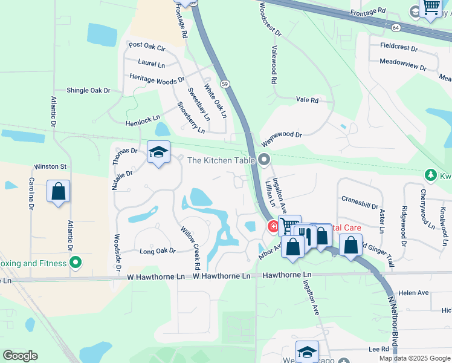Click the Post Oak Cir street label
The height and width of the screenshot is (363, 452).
tap(147, 45)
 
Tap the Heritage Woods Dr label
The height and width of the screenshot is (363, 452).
tap(157, 78)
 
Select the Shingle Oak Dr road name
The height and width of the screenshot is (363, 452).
tap(88, 90)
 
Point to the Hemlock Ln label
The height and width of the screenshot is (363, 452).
tap(143, 120)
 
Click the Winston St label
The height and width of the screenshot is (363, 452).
tap(50, 166)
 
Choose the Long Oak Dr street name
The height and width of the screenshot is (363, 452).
tap(157, 250)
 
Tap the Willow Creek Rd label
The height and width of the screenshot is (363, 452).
tap(190, 248)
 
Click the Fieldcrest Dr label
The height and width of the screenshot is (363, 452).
tap(399, 47)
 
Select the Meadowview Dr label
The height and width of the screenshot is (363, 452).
tap(403, 62)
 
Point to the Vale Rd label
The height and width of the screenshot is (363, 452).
tap(307, 100)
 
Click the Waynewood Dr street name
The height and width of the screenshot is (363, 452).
tap(281, 139)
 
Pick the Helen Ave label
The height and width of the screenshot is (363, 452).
tap(413, 293)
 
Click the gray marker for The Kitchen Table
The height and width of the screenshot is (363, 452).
tap(263, 160)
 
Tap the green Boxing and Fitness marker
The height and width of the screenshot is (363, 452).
tap(75, 263)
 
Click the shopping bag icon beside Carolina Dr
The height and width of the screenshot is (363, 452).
tap(58, 192)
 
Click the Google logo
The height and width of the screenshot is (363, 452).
tap(20, 356)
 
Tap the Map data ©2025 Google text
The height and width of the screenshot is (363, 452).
tap(415, 358)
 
